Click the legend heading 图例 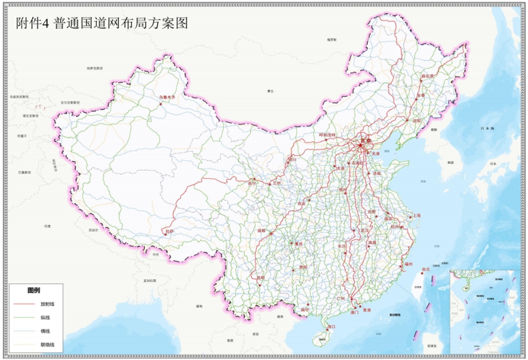click(34, 291)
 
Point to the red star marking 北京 click(360, 145)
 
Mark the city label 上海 click(416, 215)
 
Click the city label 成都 click(261, 230)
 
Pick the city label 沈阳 click(416, 120)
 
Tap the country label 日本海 click(486, 129)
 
